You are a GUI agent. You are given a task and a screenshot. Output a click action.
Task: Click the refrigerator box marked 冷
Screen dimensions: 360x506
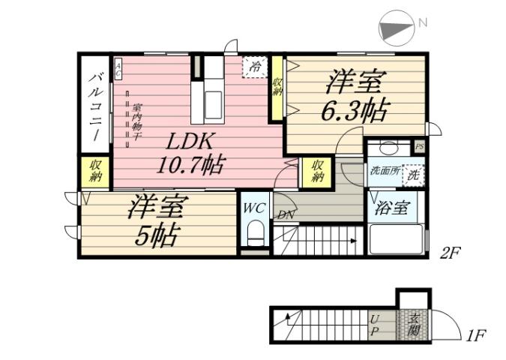pos(255,67)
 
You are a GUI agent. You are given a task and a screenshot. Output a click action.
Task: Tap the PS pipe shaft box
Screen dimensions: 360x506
pos(420,146)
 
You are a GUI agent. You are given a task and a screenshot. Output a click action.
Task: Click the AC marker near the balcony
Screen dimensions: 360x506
pos(118,69)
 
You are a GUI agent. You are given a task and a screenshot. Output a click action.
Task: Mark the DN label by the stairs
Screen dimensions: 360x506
pos(285,215)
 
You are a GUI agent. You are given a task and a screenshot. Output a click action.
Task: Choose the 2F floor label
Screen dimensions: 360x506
pos(449,253)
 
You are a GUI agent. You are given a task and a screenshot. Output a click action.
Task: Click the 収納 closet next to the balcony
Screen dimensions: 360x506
pos(95,172)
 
